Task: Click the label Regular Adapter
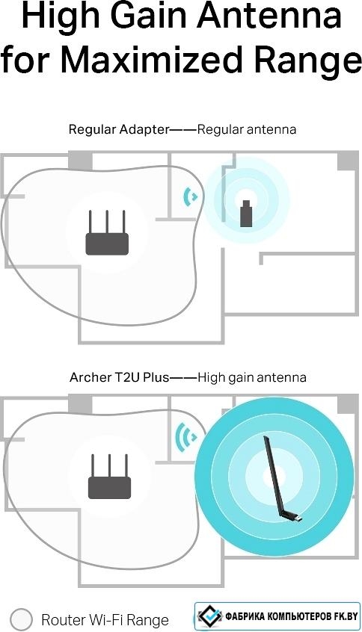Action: (119, 129)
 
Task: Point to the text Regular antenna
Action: (247, 129)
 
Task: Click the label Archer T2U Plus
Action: (120, 377)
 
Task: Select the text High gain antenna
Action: (252, 378)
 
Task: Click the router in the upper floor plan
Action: (107, 232)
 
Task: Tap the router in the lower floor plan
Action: (109, 477)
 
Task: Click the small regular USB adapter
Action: (246, 214)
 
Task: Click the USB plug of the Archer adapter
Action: (295, 518)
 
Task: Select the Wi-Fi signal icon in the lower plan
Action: (185, 437)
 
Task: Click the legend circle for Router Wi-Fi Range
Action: (21, 619)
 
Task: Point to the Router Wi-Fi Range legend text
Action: (105, 619)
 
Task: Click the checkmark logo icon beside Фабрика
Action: (210, 616)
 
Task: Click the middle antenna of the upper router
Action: (107, 222)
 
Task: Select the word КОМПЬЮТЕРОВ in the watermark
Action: (298, 616)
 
